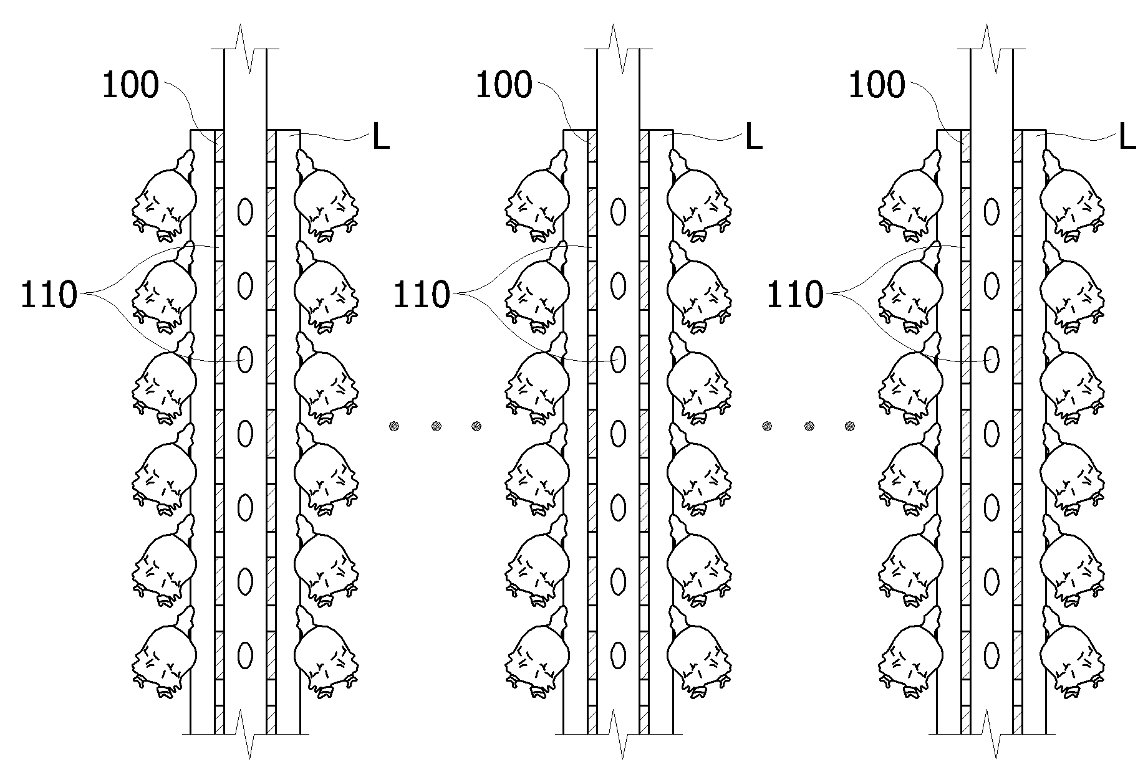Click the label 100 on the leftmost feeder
130,85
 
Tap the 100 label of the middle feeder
504,85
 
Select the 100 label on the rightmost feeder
877,85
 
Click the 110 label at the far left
49,294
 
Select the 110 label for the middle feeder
422,294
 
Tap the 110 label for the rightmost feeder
795,294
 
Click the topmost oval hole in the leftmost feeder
245,212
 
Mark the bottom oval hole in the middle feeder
618,655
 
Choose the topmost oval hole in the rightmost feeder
991,212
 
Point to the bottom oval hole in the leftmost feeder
245,655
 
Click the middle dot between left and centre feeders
436,426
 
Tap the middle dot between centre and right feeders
809,426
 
